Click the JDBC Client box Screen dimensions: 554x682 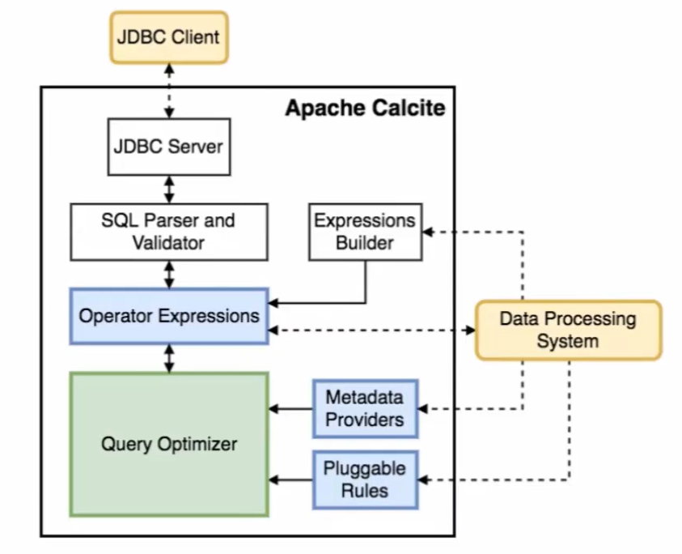(170, 37)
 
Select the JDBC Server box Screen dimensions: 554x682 (168, 147)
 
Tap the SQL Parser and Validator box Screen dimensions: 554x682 (168, 232)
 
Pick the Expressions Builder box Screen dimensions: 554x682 (365, 232)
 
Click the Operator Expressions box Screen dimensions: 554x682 (168, 315)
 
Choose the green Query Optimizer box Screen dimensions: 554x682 (168, 444)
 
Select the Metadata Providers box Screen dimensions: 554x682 (365, 409)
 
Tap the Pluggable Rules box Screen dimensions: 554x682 (365, 479)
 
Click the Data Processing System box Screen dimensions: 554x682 (567, 330)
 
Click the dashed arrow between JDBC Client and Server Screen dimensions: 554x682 (169, 91)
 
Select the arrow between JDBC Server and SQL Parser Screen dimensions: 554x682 (169, 190)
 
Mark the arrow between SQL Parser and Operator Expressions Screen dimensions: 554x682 (169, 275)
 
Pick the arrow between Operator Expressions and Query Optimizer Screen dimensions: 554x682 (169, 358)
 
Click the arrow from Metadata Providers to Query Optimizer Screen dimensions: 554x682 (290, 409)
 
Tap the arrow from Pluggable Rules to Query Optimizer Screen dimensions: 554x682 (290, 479)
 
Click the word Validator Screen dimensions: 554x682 (168, 242)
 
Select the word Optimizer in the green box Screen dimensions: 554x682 (201, 444)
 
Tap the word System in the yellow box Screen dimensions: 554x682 (567, 341)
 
